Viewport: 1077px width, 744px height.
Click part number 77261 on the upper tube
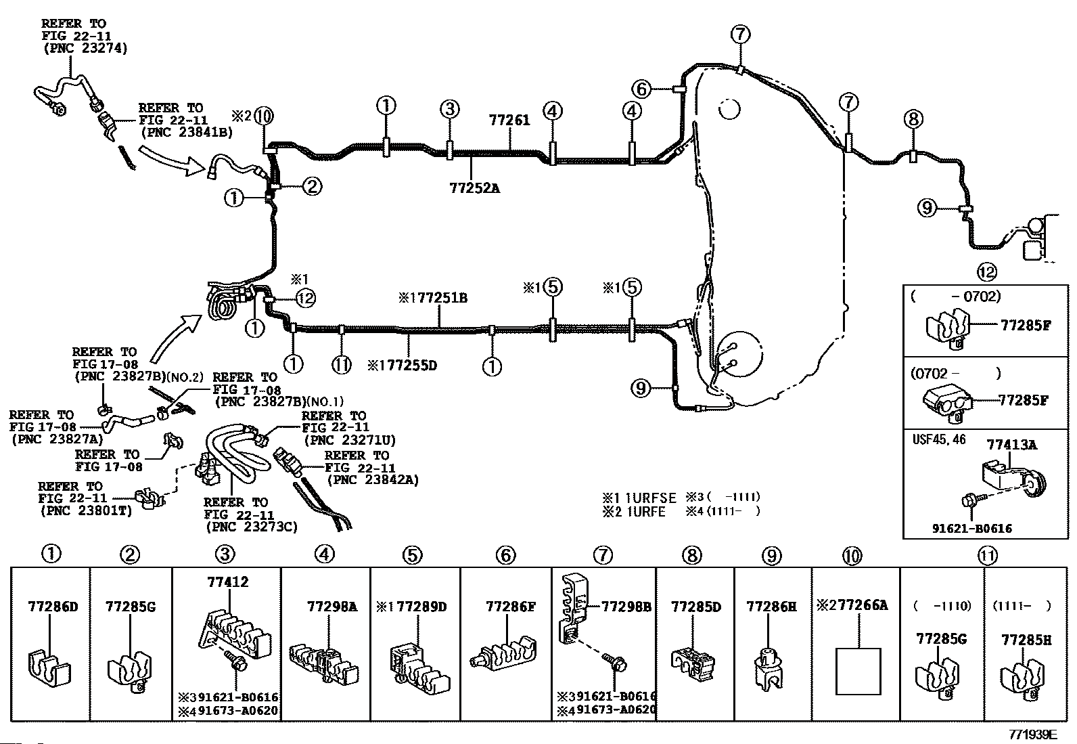(x=509, y=120)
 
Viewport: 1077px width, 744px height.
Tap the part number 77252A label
(x=474, y=188)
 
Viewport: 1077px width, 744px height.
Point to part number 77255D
(x=411, y=366)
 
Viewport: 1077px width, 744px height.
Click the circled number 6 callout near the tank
(x=641, y=89)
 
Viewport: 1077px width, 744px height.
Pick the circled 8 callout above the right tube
(x=913, y=119)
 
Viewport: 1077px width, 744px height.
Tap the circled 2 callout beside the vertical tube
(x=312, y=186)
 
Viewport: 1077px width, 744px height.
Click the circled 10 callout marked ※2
(x=263, y=116)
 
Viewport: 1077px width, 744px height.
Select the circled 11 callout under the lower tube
(x=342, y=366)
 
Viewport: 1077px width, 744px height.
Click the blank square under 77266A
(x=858, y=672)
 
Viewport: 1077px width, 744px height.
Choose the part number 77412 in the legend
(x=228, y=582)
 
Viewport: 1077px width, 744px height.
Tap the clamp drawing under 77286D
(x=50, y=668)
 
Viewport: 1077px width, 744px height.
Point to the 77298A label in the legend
(x=332, y=607)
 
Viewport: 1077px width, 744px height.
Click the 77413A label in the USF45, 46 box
(x=1011, y=445)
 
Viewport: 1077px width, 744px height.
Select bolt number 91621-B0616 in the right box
(x=972, y=529)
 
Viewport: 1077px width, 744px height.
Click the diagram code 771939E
(x=1033, y=735)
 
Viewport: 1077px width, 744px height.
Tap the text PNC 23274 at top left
(x=86, y=49)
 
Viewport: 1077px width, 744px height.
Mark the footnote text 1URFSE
(x=651, y=498)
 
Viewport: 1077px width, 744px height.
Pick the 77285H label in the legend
(x=1026, y=640)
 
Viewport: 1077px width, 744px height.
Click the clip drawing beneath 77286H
(x=768, y=670)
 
